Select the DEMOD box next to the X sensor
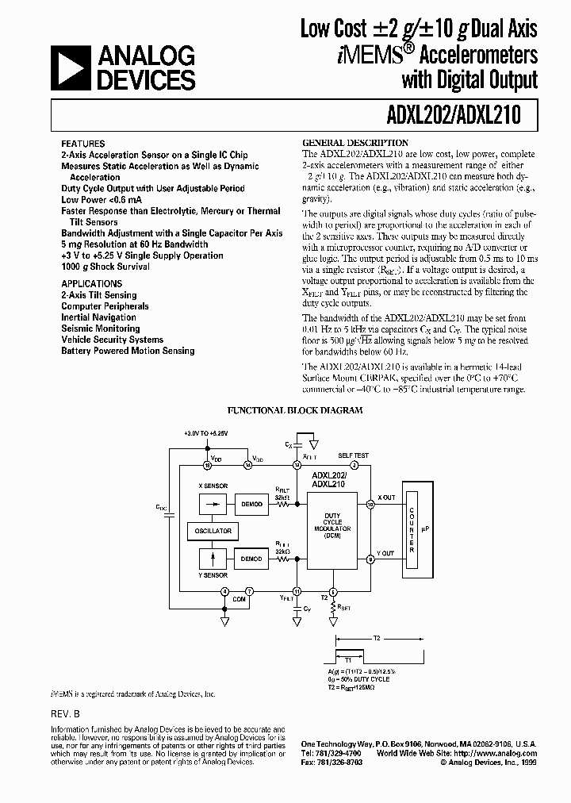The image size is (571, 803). (251, 503)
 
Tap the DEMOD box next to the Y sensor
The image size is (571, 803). (251, 559)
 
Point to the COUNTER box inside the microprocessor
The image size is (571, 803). (411, 526)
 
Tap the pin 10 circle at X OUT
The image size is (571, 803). (371, 503)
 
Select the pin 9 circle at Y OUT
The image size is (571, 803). (371, 559)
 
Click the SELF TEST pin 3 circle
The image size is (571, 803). (333, 466)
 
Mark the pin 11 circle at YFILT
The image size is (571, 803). (297, 590)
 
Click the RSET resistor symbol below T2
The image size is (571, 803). (333, 609)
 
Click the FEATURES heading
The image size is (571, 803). (82, 144)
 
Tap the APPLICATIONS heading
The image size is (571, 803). (92, 283)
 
